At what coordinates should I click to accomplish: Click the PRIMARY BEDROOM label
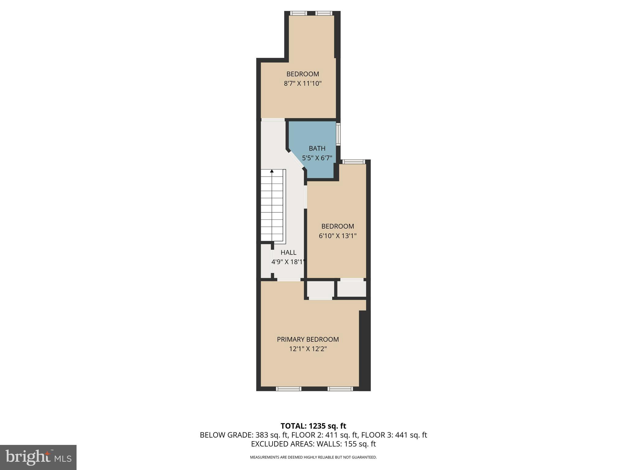[308, 339]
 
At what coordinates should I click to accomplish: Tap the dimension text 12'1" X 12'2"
[308, 349]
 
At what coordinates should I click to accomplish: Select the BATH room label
[317, 148]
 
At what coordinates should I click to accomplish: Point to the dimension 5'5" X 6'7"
[317, 158]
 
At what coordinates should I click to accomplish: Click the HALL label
[288, 252]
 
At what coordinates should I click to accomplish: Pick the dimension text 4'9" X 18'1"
[288, 262]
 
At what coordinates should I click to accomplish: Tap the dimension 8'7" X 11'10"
[302, 84]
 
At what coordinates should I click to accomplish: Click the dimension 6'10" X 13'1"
[337, 236]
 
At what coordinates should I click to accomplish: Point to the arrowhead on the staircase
[272, 171]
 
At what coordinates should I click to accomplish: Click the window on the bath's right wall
[338, 134]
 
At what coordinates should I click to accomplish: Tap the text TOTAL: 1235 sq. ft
[313, 426]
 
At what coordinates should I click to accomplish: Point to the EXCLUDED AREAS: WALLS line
[313, 444]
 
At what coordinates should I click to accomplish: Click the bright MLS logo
[38, 457]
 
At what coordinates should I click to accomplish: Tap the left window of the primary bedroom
[288, 389]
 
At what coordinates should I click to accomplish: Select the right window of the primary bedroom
[340, 389]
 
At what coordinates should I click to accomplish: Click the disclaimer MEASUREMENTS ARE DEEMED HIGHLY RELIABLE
[313, 457]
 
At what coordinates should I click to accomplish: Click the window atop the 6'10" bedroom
[353, 162]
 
